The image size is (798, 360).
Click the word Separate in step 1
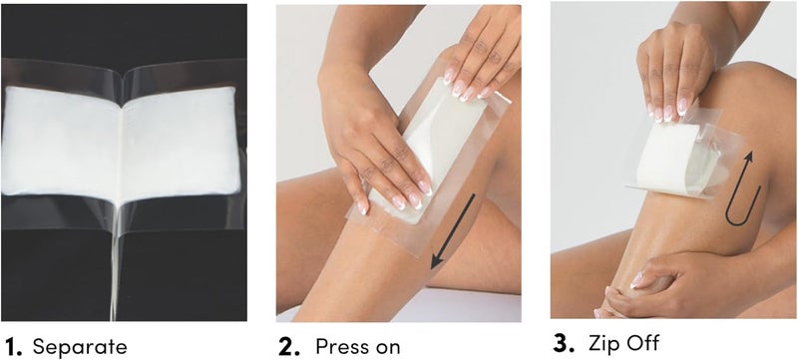80,346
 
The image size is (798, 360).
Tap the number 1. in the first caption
13,346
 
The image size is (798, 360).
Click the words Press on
358,346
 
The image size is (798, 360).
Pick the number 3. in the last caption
566,343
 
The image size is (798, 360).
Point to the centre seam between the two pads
123,140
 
